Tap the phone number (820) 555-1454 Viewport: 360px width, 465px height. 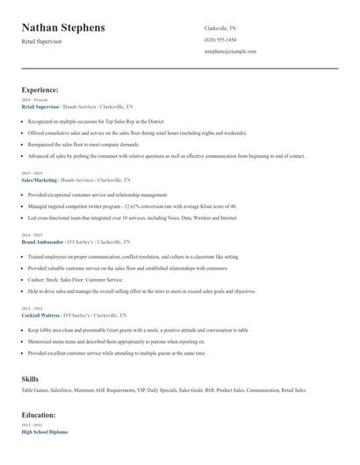pos(220,39)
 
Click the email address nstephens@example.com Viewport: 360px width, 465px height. pos(230,51)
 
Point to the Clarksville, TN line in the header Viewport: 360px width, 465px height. pos(220,28)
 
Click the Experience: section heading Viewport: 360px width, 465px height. pos(40,89)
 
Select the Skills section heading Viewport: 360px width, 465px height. pos(30,378)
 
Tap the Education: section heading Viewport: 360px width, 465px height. pos(39,414)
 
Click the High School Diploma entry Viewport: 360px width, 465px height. pos(44,432)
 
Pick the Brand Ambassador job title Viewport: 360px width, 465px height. pos(41,240)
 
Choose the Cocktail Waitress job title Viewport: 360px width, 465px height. pos(41,313)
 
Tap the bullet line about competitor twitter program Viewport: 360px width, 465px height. pos(132,205)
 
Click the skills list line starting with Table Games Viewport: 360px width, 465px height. pos(163,390)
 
